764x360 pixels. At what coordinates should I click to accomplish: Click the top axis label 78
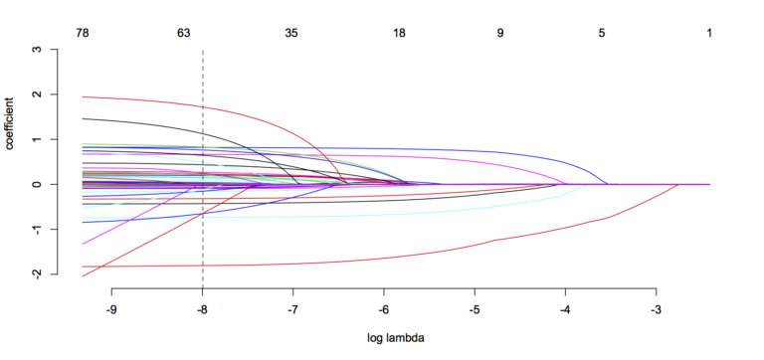[x=84, y=33]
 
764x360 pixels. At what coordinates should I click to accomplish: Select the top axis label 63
[x=184, y=33]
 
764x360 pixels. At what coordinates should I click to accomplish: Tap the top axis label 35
[x=291, y=33]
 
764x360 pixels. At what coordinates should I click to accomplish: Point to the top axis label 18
[x=399, y=33]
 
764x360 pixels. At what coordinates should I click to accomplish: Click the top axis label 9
[x=500, y=33]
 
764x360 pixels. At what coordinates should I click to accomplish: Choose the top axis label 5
[x=602, y=33]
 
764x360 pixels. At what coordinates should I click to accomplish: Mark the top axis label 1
[x=709, y=33]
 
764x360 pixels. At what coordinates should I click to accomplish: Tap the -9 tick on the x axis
[x=111, y=307]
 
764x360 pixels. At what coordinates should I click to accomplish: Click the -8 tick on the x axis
[x=202, y=307]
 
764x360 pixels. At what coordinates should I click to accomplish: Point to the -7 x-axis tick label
[x=292, y=307]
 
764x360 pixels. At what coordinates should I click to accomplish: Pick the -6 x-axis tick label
[x=383, y=307]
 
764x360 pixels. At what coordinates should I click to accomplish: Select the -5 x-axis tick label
[x=475, y=307]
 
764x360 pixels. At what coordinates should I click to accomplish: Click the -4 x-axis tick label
[x=565, y=307]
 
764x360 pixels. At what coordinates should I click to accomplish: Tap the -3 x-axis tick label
[x=656, y=307]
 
